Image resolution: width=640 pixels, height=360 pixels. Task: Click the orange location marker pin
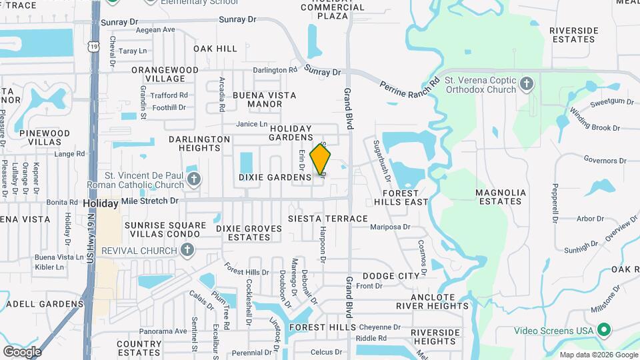(321, 160)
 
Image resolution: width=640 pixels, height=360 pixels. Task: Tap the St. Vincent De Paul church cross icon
(194, 179)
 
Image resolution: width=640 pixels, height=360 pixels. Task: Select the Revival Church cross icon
(187, 251)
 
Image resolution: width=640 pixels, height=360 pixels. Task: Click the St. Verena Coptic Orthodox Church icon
(527, 84)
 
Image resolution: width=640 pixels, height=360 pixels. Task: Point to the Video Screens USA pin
(604, 330)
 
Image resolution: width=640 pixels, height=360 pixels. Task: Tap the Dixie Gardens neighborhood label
(275, 178)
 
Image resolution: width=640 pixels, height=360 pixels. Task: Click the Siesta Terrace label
(327, 219)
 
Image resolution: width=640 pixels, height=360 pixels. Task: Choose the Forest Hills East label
(401, 197)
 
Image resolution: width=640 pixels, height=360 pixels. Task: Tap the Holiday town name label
(101, 203)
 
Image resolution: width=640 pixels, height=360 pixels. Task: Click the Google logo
(22, 351)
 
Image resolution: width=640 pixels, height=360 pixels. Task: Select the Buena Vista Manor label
(264, 99)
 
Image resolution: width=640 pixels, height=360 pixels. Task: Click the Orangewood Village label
(165, 74)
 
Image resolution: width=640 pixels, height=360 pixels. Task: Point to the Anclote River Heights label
(433, 301)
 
